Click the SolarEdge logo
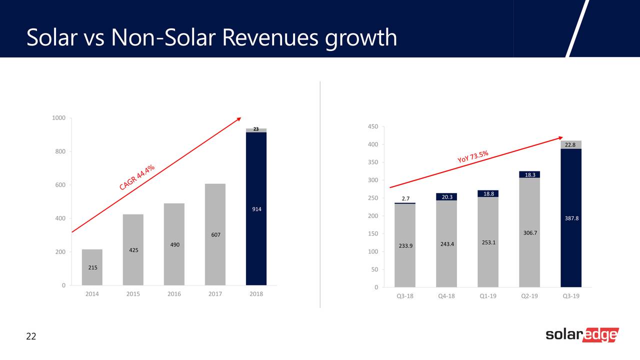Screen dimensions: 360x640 pyautogui.click(x=582, y=335)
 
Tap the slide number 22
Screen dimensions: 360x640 pyautogui.click(x=31, y=336)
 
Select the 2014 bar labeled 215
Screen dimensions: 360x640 pyautogui.click(x=92, y=267)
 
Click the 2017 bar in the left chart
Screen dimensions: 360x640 pyautogui.click(x=215, y=235)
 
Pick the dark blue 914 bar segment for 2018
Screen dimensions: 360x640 pyautogui.click(x=256, y=209)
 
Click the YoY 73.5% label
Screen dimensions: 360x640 pyautogui.click(x=472, y=156)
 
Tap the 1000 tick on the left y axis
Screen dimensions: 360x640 pyautogui.click(x=58, y=118)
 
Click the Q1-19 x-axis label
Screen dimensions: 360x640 pyautogui.click(x=487, y=296)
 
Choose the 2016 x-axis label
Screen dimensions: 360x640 pyautogui.click(x=174, y=294)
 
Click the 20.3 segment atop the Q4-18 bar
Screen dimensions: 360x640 pyautogui.click(x=446, y=197)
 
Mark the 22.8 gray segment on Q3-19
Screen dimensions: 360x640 pyautogui.click(x=570, y=145)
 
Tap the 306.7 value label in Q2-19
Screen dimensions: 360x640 pyautogui.click(x=529, y=233)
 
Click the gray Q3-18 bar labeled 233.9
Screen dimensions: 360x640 pyautogui.click(x=405, y=245)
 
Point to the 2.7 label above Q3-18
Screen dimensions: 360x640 pyautogui.click(x=405, y=198)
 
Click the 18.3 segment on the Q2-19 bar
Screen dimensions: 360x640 pyautogui.click(x=529, y=174)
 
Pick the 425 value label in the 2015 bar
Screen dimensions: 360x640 pyautogui.click(x=133, y=249)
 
